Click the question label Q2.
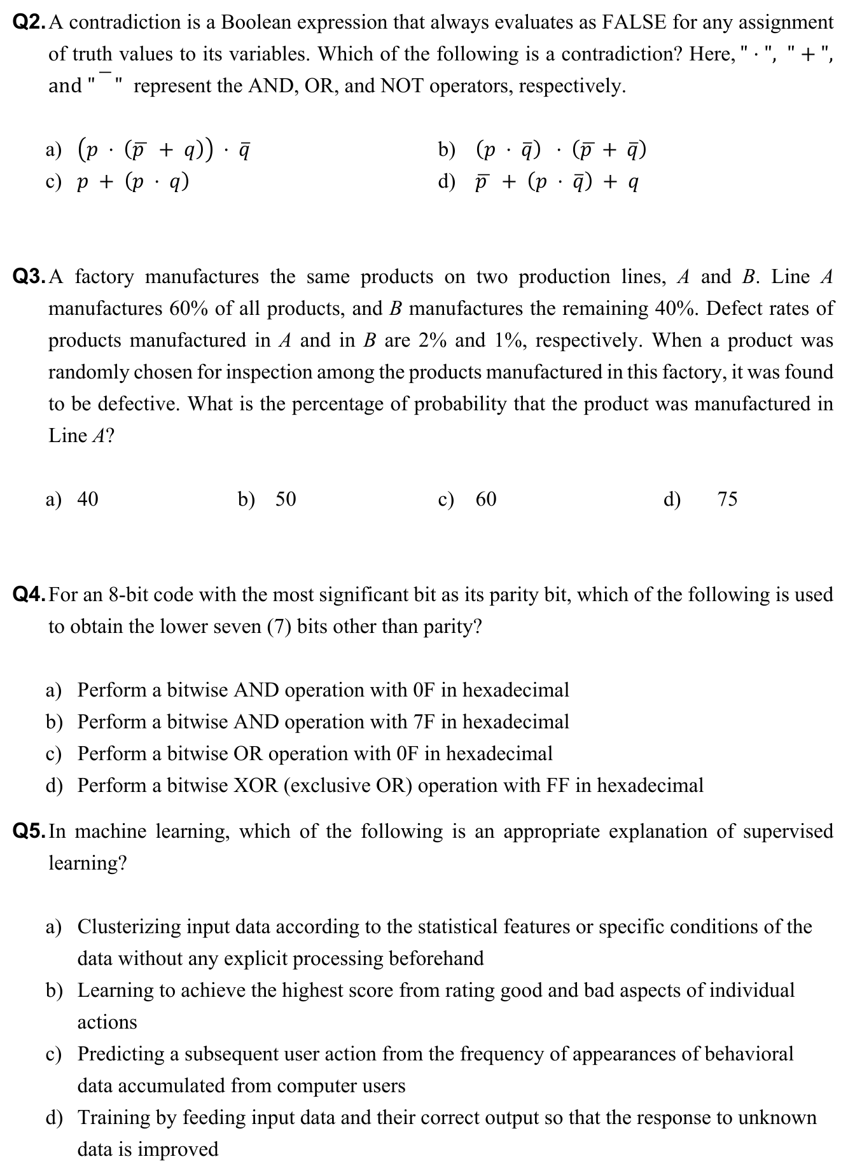click(x=29, y=23)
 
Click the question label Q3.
click(x=29, y=277)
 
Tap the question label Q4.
click(x=29, y=595)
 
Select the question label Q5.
click(x=29, y=831)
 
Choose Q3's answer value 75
click(x=727, y=499)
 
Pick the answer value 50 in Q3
click(x=286, y=499)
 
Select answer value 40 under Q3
click(x=88, y=499)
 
